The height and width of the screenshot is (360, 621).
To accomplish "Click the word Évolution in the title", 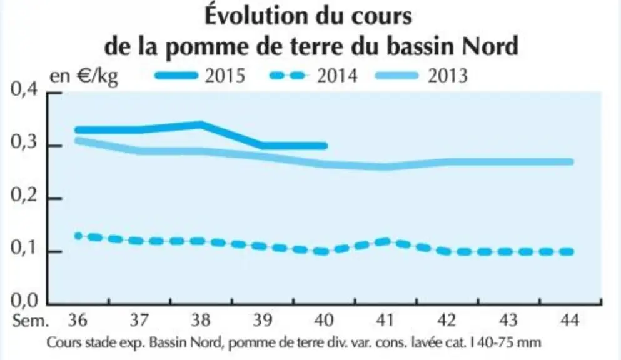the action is tap(256, 16).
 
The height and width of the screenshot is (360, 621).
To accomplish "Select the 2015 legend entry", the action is tap(200, 75).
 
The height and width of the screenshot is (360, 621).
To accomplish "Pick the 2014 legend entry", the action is tap(313, 75).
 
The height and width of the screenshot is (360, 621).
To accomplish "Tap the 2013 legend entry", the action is tap(422, 75).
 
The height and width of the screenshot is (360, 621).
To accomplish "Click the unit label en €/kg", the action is tap(84, 76).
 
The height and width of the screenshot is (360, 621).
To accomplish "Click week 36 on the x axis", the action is tap(78, 319).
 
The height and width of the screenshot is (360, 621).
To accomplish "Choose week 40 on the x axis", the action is tap(324, 319).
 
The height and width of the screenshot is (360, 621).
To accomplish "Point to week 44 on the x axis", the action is tap(570, 319).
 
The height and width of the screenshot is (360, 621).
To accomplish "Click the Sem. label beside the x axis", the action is tap(31, 321).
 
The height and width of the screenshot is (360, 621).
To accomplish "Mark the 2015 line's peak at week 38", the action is tap(201, 125).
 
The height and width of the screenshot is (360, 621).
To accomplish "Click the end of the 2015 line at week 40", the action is tap(324, 146).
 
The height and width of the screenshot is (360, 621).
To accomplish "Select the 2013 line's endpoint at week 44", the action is tap(570, 162).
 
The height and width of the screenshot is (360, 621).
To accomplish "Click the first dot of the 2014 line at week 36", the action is tap(78, 236).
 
